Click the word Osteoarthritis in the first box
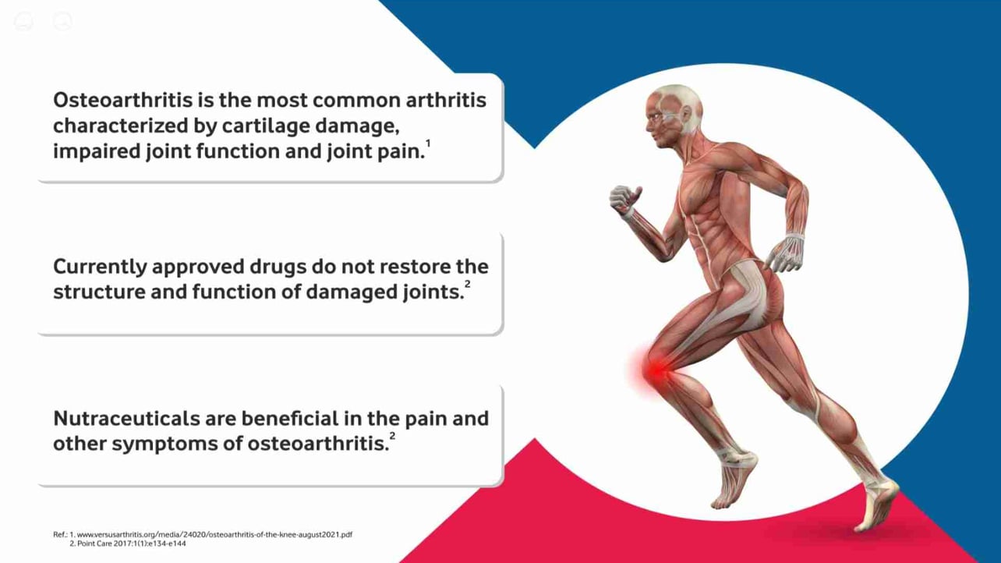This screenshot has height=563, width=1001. tap(122, 100)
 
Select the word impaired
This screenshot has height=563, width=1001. tap(96, 151)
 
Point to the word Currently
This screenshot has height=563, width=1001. tap(100, 267)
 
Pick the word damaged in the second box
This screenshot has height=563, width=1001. tap(352, 292)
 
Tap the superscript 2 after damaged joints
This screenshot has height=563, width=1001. tap(468, 284)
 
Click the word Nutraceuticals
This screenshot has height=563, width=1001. tap(126, 419)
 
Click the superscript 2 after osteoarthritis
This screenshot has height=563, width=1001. tap(392, 436)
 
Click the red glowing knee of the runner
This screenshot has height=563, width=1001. tap(656, 370)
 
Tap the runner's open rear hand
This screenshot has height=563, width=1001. tap(784, 254)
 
